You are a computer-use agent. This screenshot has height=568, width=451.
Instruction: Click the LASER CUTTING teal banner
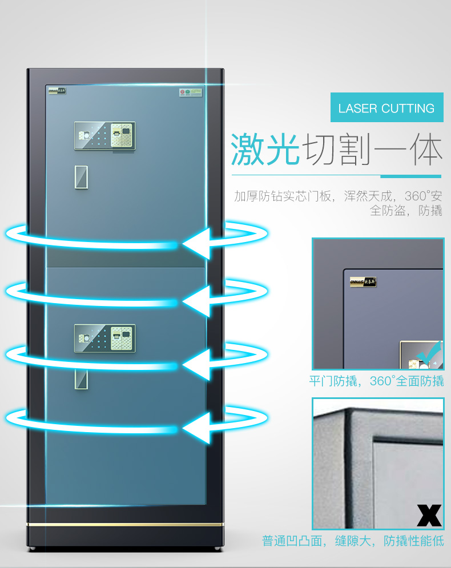tap(386, 108)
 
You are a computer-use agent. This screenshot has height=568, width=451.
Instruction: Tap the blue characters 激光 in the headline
tap(265, 150)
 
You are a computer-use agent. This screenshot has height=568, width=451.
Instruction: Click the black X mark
tap(429, 515)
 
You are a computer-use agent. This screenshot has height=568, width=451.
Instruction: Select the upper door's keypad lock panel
tap(104, 137)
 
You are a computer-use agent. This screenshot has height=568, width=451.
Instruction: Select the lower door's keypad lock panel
tap(104, 339)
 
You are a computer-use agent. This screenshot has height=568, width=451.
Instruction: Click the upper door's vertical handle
tap(80, 177)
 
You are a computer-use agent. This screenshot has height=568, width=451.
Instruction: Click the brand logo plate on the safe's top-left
tap(56, 91)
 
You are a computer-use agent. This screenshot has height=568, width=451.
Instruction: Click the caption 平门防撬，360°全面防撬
tap(376, 381)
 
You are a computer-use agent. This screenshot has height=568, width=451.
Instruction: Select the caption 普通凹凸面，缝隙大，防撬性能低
tap(353, 540)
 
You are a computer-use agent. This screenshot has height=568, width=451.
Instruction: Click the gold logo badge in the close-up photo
tap(363, 281)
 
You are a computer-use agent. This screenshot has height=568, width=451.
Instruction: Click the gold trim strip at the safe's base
tap(126, 524)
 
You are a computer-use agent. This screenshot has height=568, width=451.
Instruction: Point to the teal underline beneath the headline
tap(336, 176)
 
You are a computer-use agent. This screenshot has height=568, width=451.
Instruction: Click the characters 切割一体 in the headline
tap(373, 150)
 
